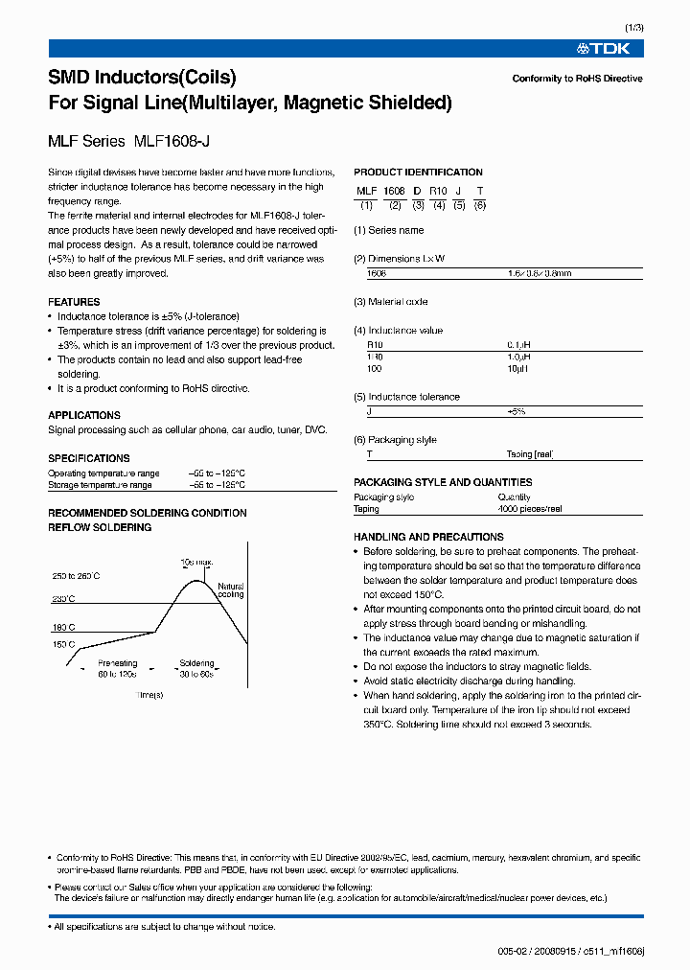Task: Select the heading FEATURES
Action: (x=74, y=302)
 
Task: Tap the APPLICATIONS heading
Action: (x=84, y=415)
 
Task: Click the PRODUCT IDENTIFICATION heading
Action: (x=418, y=173)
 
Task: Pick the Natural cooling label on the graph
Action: (x=231, y=590)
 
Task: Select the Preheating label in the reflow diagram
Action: (x=118, y=663)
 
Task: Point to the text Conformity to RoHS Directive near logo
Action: (x=577, y=79)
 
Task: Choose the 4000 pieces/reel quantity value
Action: (x=530, y=509)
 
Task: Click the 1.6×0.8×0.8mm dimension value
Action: (x=540, y=273)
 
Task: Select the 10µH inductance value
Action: (x=517, y=368)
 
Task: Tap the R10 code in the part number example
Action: (x=438, y=192)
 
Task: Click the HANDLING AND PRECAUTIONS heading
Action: (x=428, y=537)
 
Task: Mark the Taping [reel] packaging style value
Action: (x=530, y=454)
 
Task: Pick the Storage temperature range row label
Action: (x=103, y=485)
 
